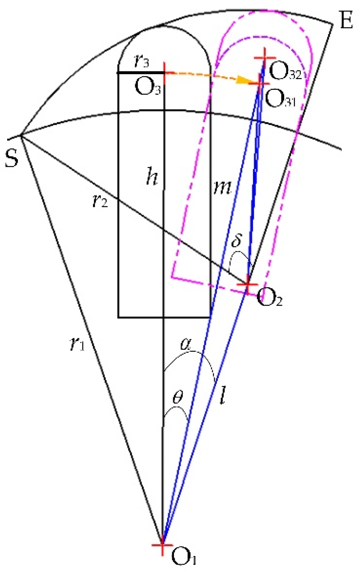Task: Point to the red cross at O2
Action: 247,285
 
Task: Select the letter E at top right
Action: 346,20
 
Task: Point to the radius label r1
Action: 77,344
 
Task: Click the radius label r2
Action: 100,201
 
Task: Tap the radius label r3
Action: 141,61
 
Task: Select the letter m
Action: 222,187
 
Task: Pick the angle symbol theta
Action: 178,397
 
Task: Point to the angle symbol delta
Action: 237,241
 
